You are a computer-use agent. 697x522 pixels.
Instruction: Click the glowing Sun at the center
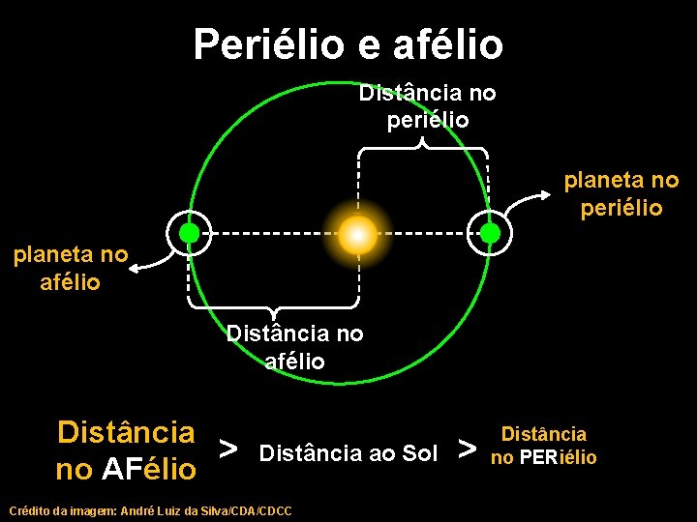click(357, 233)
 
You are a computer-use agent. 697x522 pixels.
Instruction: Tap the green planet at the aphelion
click(190, 233)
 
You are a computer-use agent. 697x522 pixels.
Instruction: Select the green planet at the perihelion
click(490, 233)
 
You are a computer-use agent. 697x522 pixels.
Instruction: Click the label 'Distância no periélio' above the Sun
click(427, 106)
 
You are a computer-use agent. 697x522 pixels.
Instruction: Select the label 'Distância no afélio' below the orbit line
click(294, 347)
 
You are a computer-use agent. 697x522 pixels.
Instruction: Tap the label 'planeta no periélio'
click(621, 193)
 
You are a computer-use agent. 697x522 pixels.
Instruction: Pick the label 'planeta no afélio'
click(70, 269)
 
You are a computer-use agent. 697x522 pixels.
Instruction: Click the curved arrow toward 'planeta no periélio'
click(532, 201)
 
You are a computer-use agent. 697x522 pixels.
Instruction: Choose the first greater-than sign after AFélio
click(228, 449)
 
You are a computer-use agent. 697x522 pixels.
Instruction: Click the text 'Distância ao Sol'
click(349, 452)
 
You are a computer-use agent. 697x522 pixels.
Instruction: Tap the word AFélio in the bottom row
click(149, 470)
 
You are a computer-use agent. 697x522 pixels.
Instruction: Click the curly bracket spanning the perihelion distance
click(423, 149)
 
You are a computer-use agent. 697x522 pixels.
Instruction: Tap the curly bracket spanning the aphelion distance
click(274, 307)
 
